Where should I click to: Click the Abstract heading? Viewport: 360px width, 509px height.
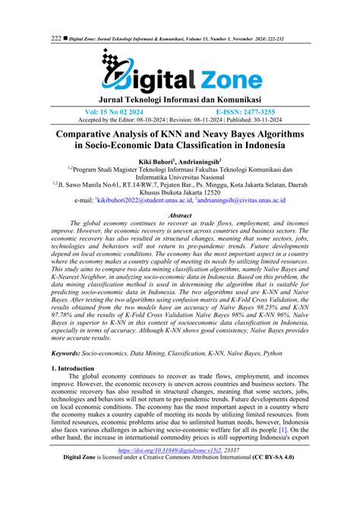pyautogui.click(x=180, y=215)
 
